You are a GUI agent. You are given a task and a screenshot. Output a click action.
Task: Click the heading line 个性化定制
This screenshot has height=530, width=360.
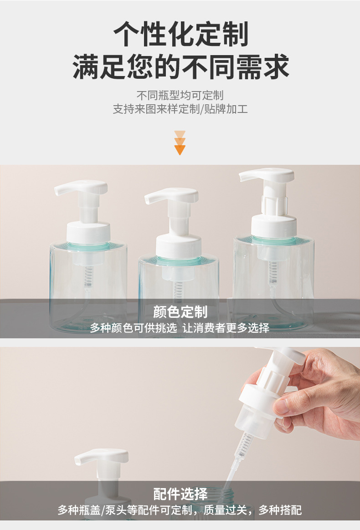[180, 34]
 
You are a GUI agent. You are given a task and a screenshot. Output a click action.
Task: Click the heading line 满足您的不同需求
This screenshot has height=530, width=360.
[180, 66]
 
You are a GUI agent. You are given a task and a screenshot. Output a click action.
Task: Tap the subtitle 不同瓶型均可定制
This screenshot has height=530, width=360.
[180, 95]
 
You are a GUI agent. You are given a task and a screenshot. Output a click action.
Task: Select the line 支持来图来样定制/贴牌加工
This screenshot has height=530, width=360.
[180, 109]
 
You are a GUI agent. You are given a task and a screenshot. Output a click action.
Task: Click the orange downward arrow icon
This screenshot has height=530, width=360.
[180, 143]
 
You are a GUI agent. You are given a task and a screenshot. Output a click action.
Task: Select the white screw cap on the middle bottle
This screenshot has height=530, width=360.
[179, 246]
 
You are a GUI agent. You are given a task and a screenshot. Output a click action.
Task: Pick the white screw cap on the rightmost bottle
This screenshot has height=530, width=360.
[274, 225]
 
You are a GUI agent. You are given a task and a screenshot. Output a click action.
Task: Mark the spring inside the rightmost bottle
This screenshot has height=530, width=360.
[273, 272]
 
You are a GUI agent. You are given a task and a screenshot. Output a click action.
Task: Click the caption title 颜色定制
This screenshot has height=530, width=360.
[180, 311]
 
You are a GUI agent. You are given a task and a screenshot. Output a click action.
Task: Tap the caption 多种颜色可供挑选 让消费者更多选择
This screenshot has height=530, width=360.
[180, 327]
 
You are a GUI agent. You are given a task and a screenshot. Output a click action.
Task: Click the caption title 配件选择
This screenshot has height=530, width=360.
[180, 494]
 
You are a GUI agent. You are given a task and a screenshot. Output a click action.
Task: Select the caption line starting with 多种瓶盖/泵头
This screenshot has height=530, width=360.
[180, 510]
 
